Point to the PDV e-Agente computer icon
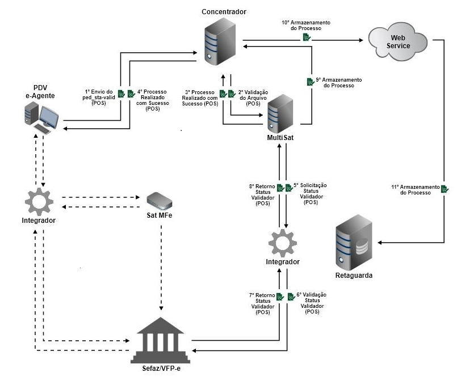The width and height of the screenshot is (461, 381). (41, 118)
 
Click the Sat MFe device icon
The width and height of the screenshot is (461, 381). (160, 200)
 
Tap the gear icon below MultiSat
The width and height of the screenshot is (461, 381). (282, 243)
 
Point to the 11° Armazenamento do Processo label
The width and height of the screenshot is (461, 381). (415, 189)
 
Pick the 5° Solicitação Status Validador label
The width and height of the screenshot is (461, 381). (310, 193)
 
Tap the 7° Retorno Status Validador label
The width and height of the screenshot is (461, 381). (262, 303)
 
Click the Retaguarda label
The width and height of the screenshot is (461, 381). (355, 276)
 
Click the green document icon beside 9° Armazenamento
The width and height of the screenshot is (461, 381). (310, 82)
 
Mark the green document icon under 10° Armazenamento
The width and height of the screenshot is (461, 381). (306, 37)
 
